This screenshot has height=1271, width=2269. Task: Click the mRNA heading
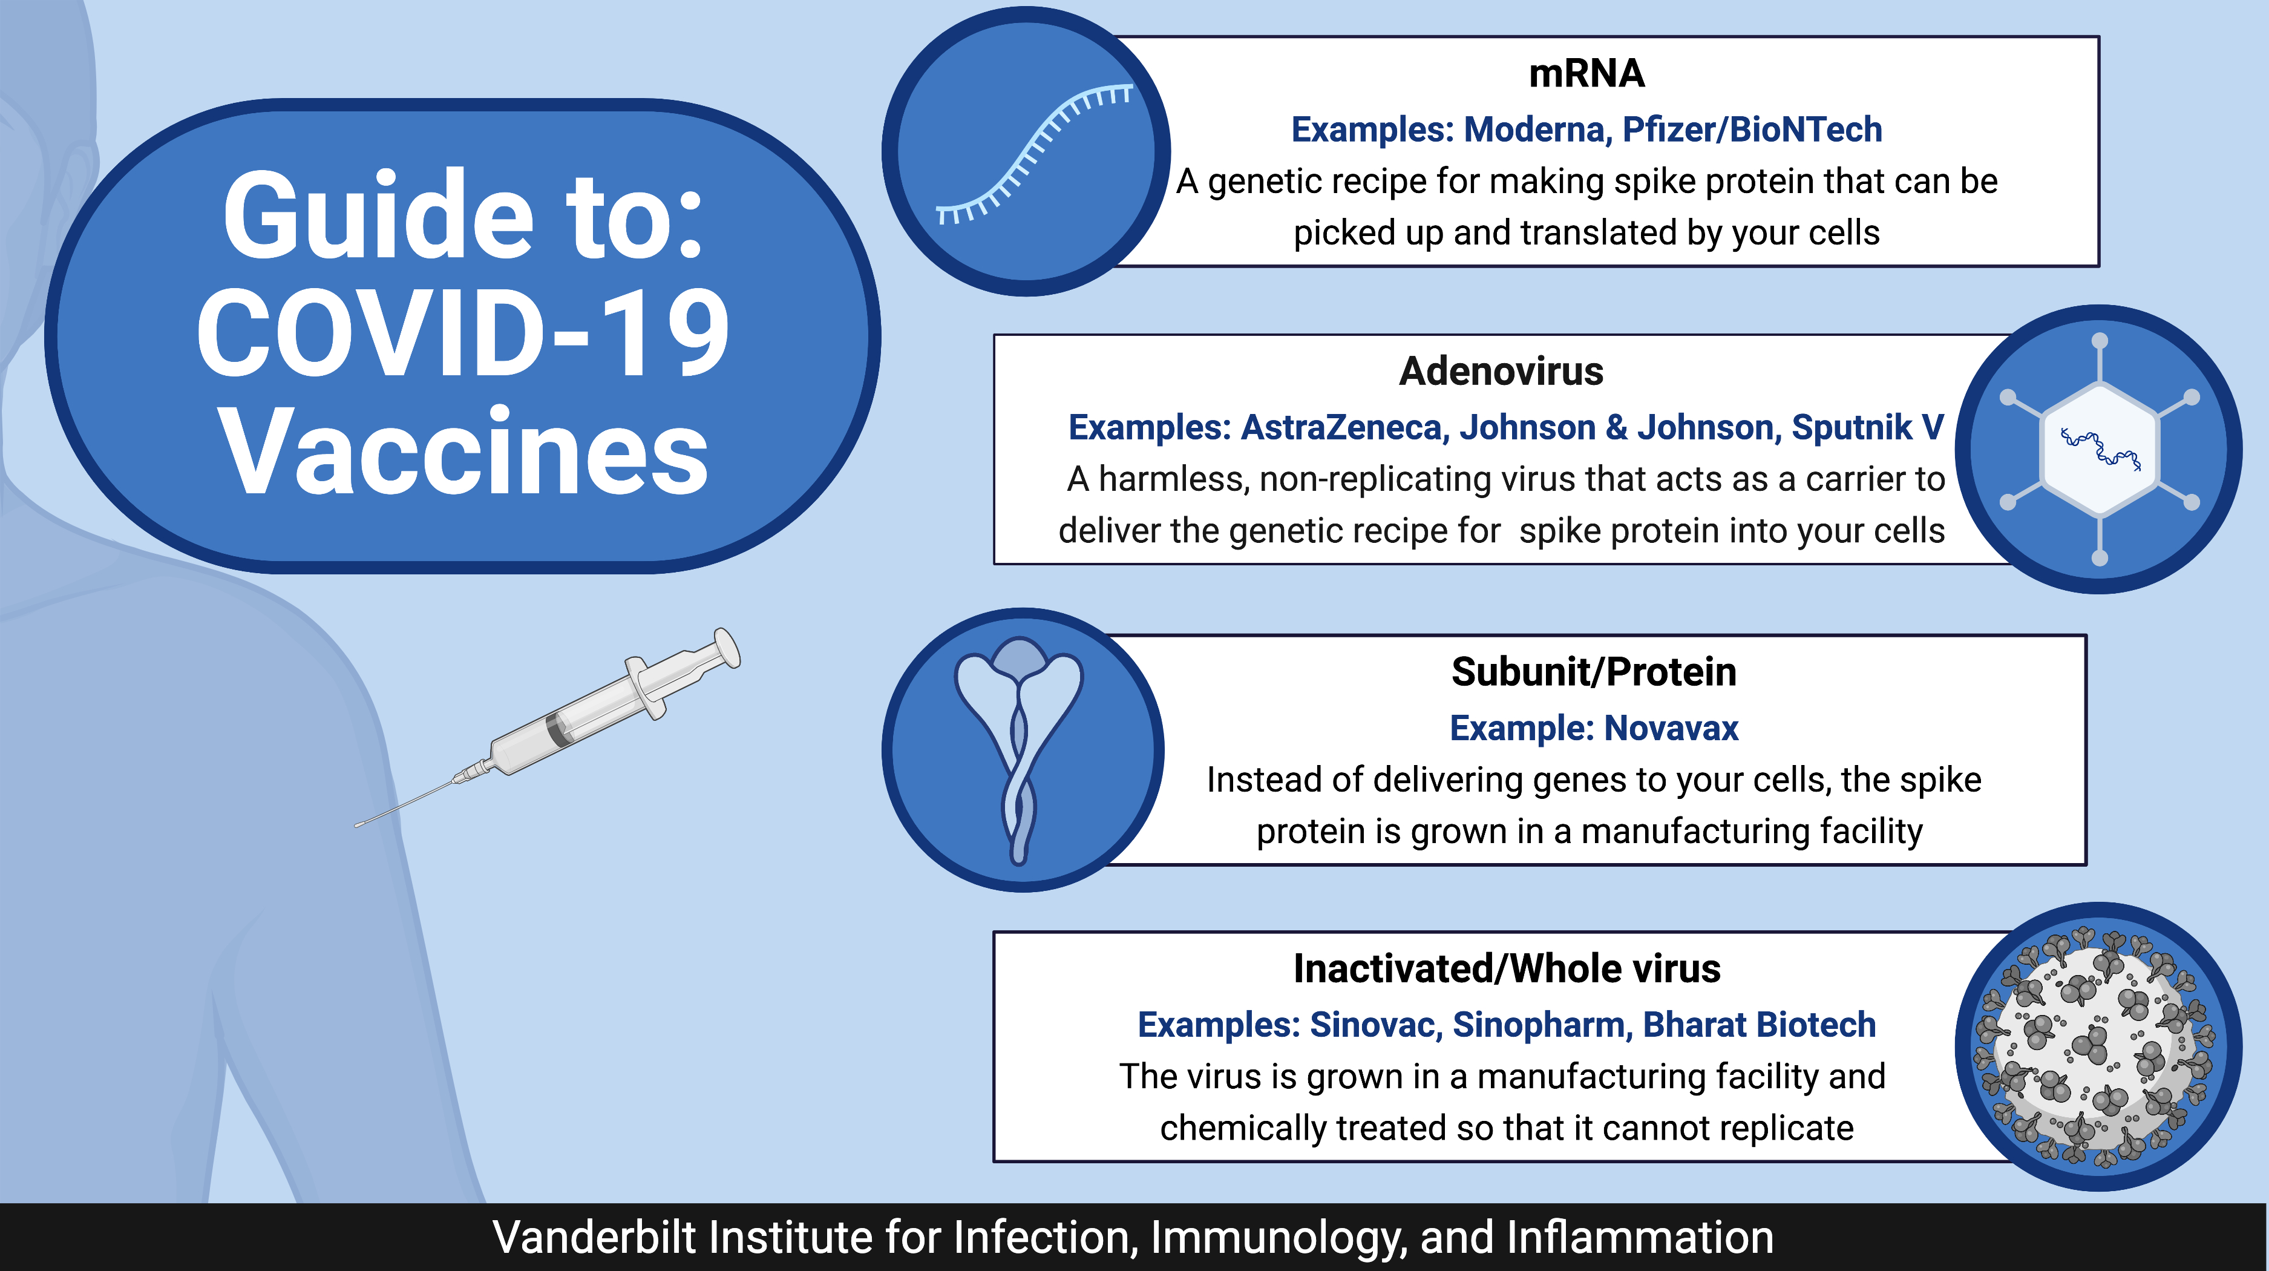(1586, 73)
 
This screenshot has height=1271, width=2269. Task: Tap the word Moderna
(1538, 130)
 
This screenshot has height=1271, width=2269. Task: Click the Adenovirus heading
(1501, 371)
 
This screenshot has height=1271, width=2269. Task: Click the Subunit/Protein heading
(1593, 672)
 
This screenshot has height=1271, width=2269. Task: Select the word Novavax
(1671, 729)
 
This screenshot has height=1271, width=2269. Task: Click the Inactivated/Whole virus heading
(1506, 969)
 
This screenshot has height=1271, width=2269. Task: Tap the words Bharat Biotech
(1759, 1025)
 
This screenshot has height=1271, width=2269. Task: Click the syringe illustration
(548, 727)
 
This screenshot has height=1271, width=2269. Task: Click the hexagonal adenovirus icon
(2100, 449)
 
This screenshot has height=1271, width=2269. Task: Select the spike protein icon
(1019, 749)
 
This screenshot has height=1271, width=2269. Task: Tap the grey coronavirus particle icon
(2098, 1046)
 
